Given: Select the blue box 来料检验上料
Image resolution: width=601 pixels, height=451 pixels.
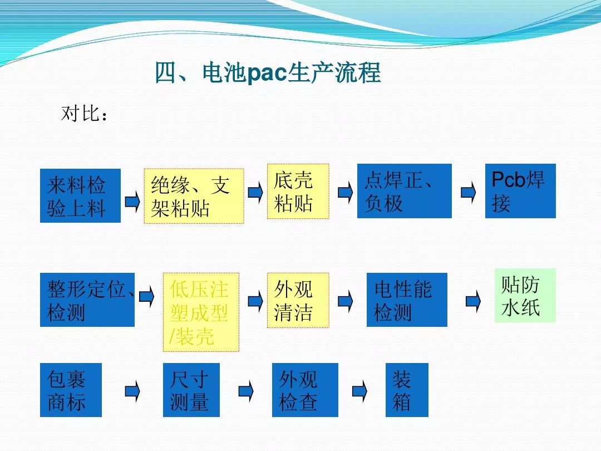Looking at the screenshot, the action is click(x=81, y=195).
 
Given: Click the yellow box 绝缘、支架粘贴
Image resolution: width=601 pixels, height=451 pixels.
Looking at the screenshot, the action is click(x=194, y=196).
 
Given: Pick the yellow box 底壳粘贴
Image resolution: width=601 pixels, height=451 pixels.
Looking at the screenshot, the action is click(x=298, y=192).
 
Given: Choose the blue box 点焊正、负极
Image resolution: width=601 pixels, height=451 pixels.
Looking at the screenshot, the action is click(x=405, y=191).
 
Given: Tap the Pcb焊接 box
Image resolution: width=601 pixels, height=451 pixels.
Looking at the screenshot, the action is click(x=520, y=191).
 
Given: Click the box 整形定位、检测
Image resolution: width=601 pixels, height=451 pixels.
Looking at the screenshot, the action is click(x=87, y=300).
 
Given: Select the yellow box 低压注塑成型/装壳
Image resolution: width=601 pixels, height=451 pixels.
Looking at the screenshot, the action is click(x=201, y=312).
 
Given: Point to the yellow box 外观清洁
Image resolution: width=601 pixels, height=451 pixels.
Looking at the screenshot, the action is click(x=298, y=300).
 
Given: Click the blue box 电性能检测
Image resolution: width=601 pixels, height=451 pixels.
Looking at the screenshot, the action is click(x=407, y=300).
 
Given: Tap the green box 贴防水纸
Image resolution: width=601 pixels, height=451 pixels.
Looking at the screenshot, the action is click(x=525, y=295).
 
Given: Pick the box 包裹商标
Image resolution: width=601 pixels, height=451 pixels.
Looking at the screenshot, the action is click(x=71, y=390).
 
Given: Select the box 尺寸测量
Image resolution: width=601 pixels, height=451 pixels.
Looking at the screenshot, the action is click(x=191, y=390).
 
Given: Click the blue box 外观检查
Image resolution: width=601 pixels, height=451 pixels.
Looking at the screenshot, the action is click(x=305, y=390).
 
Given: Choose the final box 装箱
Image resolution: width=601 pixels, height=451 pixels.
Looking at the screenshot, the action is click(x=407, y=390).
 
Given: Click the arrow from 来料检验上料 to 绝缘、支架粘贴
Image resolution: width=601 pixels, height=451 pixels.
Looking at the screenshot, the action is click(x=132, y=200).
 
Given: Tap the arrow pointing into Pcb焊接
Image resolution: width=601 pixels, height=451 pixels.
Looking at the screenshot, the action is click(x=469, y=192).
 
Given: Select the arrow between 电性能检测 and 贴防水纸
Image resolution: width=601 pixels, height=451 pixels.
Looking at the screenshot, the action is click(x=474, y=301).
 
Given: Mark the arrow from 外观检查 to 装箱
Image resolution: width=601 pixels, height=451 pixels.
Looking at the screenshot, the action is click(x=360, y=391).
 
